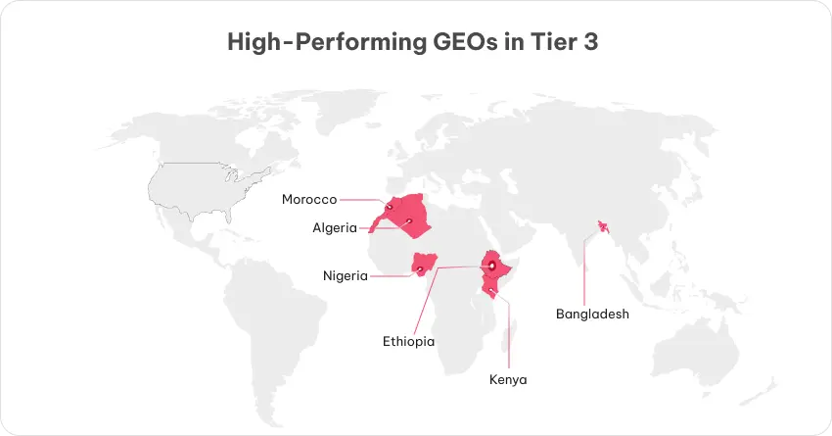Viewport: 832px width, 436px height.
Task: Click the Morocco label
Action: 309,199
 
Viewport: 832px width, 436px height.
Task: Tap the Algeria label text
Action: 336,227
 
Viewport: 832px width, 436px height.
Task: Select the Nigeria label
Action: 346,275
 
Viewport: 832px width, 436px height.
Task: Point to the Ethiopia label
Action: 408,342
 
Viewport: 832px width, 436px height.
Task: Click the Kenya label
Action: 508,379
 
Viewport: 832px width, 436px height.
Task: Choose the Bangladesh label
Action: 592,315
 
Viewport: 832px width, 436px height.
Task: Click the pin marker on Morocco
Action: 389,207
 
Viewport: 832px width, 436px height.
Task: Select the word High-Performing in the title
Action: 314,43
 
